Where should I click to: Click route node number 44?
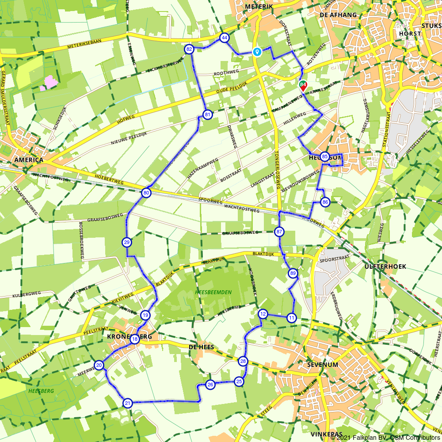pos(225,38)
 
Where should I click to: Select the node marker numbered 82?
pos(190,49)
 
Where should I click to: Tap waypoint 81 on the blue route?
pos(207,115)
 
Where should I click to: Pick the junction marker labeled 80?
pos(146,193)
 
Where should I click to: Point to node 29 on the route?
pos(126,242)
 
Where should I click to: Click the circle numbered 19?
pos(145,315)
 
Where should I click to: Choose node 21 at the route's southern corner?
pos(128,403)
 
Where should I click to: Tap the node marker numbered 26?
pos(210,384)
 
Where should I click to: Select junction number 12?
pos(263,314)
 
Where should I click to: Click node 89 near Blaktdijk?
pos(293,274)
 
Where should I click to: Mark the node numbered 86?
pos(325,202)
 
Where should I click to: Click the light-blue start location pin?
pos(257,51)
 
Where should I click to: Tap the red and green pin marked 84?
pos(303,85)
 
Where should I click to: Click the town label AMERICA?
pos(29,160)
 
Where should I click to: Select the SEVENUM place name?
pos(323,365)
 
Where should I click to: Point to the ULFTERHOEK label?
pos(385,267)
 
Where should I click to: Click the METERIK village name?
pos(259,7)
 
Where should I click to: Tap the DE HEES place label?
pos(201,347)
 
